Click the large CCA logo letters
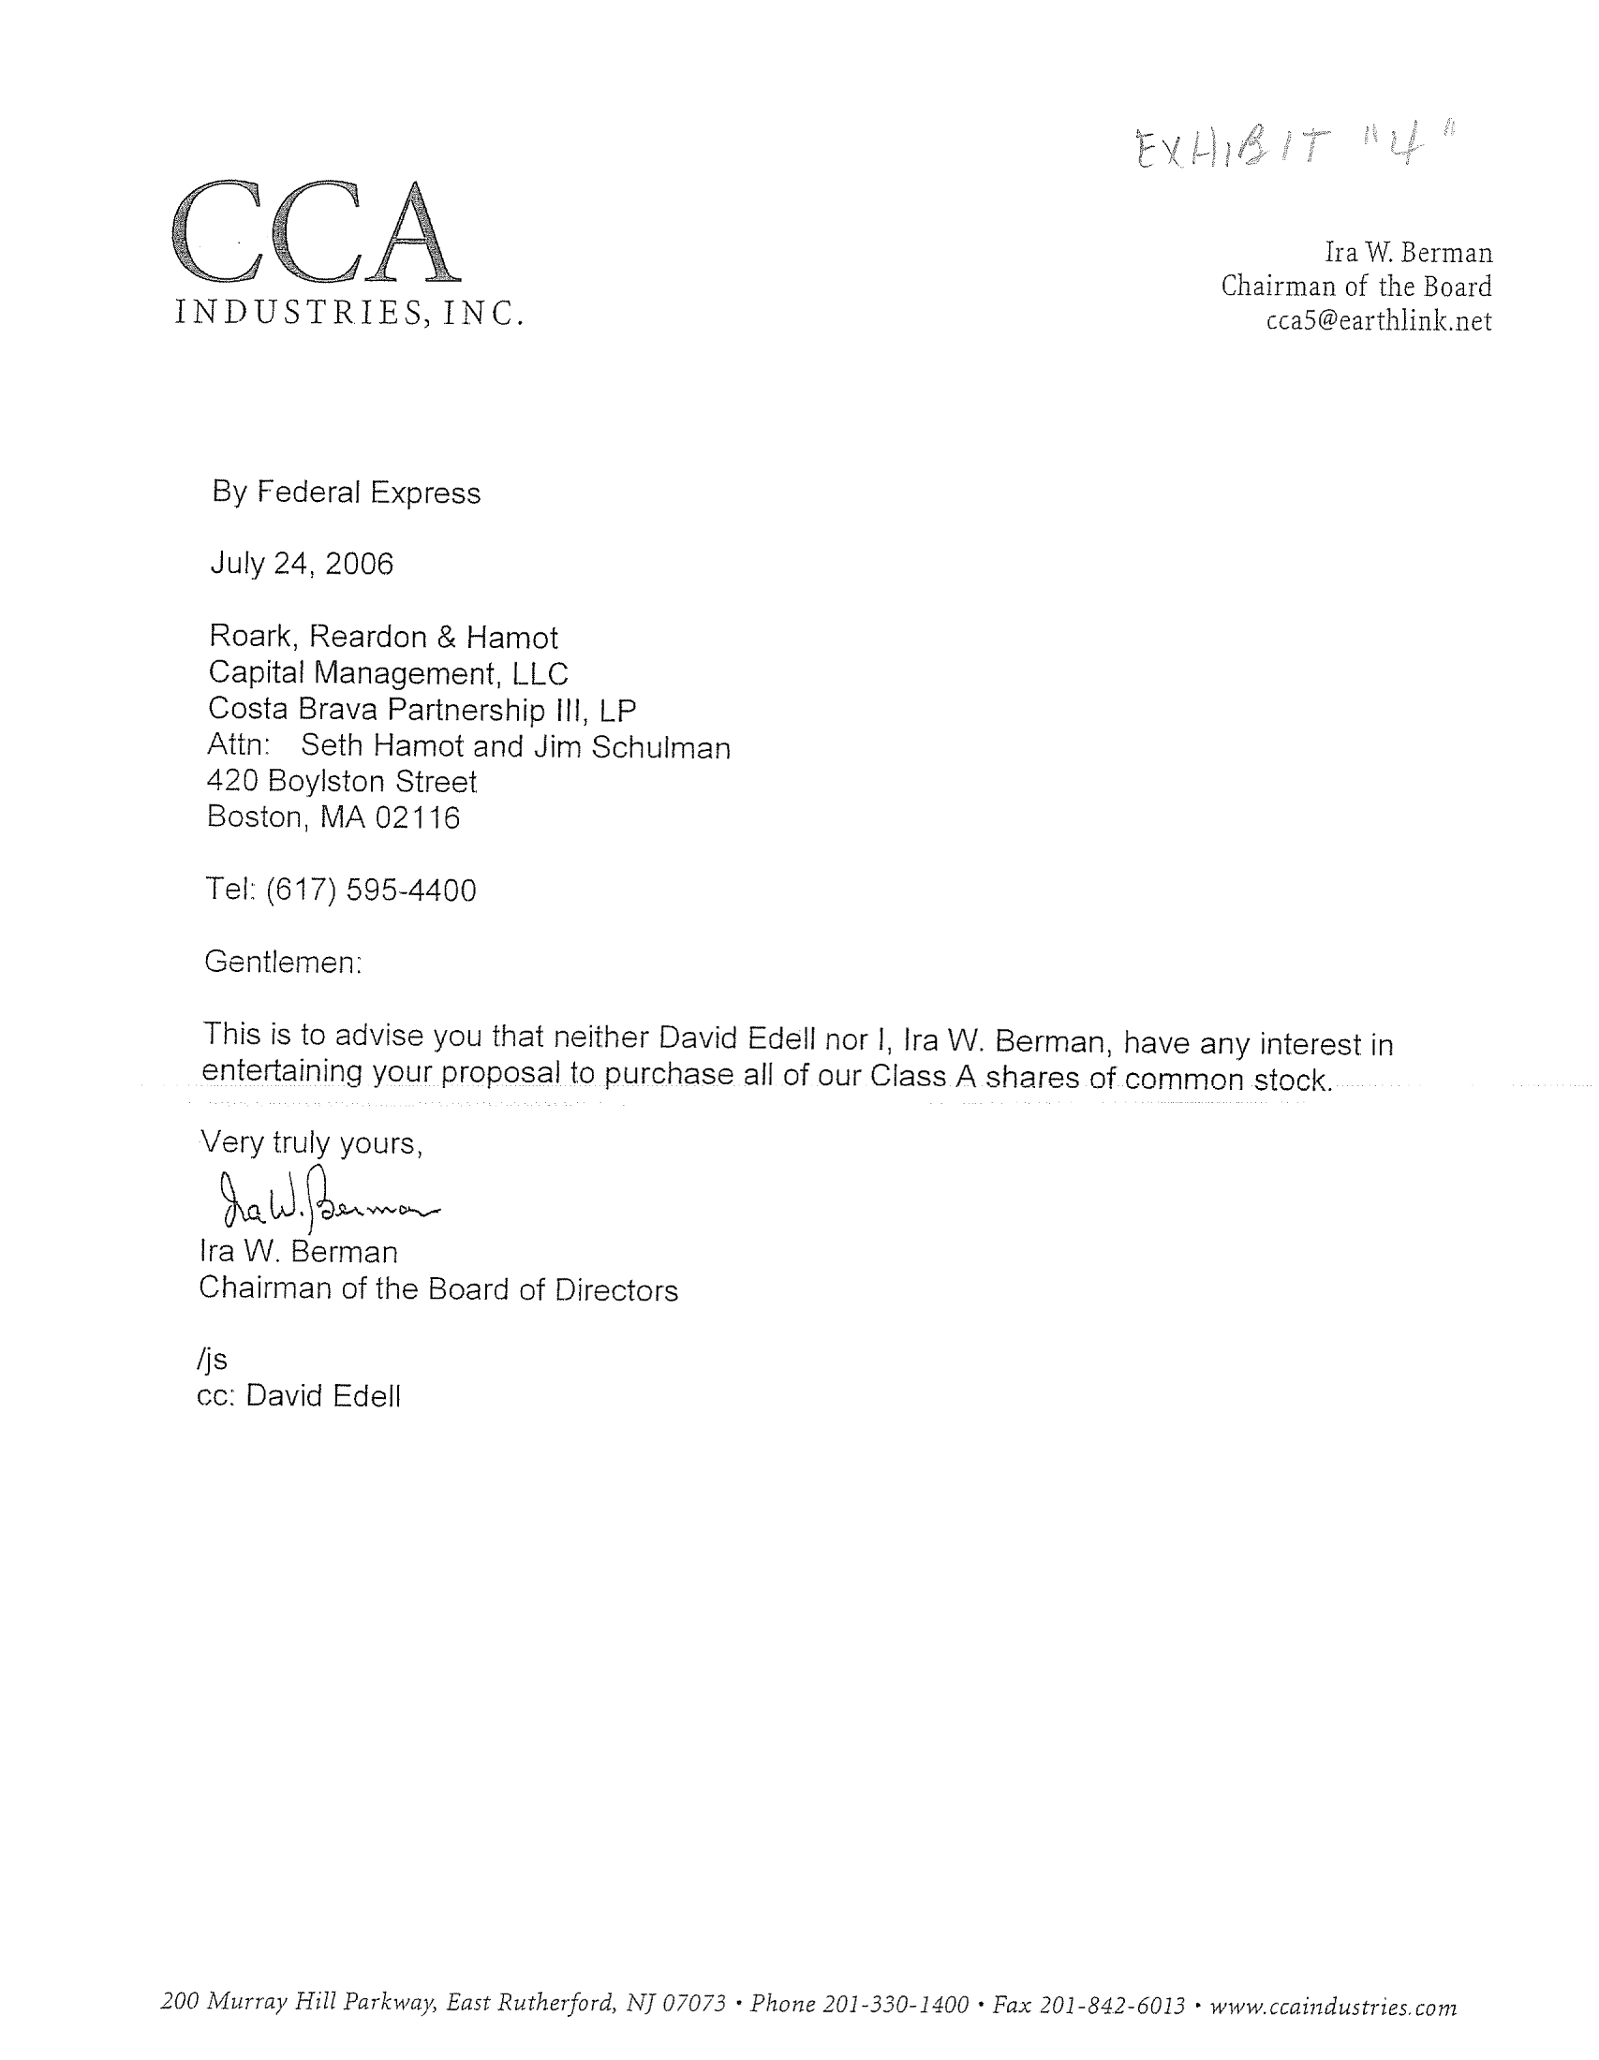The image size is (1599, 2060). [x=315, y=234]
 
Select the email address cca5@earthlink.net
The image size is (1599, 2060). [x=1378, y=321]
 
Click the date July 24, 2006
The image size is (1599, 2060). [x=301, y=564]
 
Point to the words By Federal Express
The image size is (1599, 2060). [x=347, y=493]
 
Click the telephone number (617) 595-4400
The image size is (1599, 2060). [x=371, y=890]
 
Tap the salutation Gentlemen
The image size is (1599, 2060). [x=283, y=962]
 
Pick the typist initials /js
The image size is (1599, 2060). [x=213, y=1360]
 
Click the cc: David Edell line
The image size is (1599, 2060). [x=299, y=1396]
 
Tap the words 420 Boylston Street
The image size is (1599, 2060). [x=342, y=782]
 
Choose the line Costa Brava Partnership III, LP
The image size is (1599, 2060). [x=422, y=710]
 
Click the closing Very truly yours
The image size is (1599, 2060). [x=311, y=1143]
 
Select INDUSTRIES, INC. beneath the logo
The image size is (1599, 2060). [x=348, y=312]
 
